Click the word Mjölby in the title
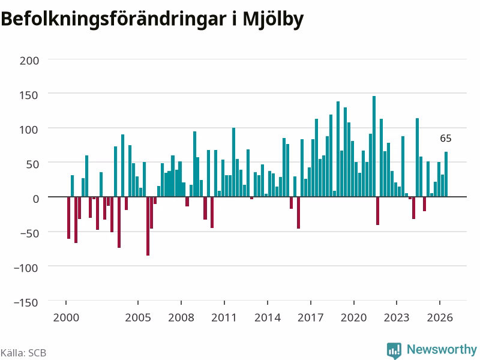coord(274,20)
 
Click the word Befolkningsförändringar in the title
coord(113,19)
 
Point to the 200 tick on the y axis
coord(29,61)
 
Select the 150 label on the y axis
coord(29,95)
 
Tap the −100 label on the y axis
coord(26,268)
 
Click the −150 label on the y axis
coord(26,302)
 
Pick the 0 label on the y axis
coord(36,199)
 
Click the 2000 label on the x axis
coord(66,317)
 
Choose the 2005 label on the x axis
coord(138,317)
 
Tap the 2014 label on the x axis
coord(268,317)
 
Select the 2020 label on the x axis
coord(353,317)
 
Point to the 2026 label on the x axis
coord(440,317)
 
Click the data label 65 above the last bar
coord(446,139)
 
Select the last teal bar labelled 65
coord(446,174)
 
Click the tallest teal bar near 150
coord(374,146)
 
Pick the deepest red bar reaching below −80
coord(148,226)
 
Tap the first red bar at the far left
coord(68,218)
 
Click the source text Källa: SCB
coord(23,353)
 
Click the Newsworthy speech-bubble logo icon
coord(394,350)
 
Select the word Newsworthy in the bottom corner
coord(442,349)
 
